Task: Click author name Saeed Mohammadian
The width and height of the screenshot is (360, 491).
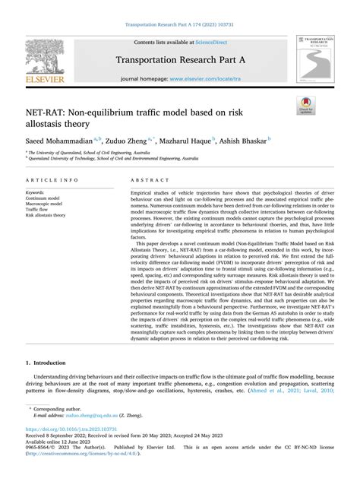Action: point(58,141)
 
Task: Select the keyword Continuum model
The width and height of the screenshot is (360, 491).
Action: point(46,199)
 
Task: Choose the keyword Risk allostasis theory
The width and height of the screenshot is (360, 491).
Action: point(46,215)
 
